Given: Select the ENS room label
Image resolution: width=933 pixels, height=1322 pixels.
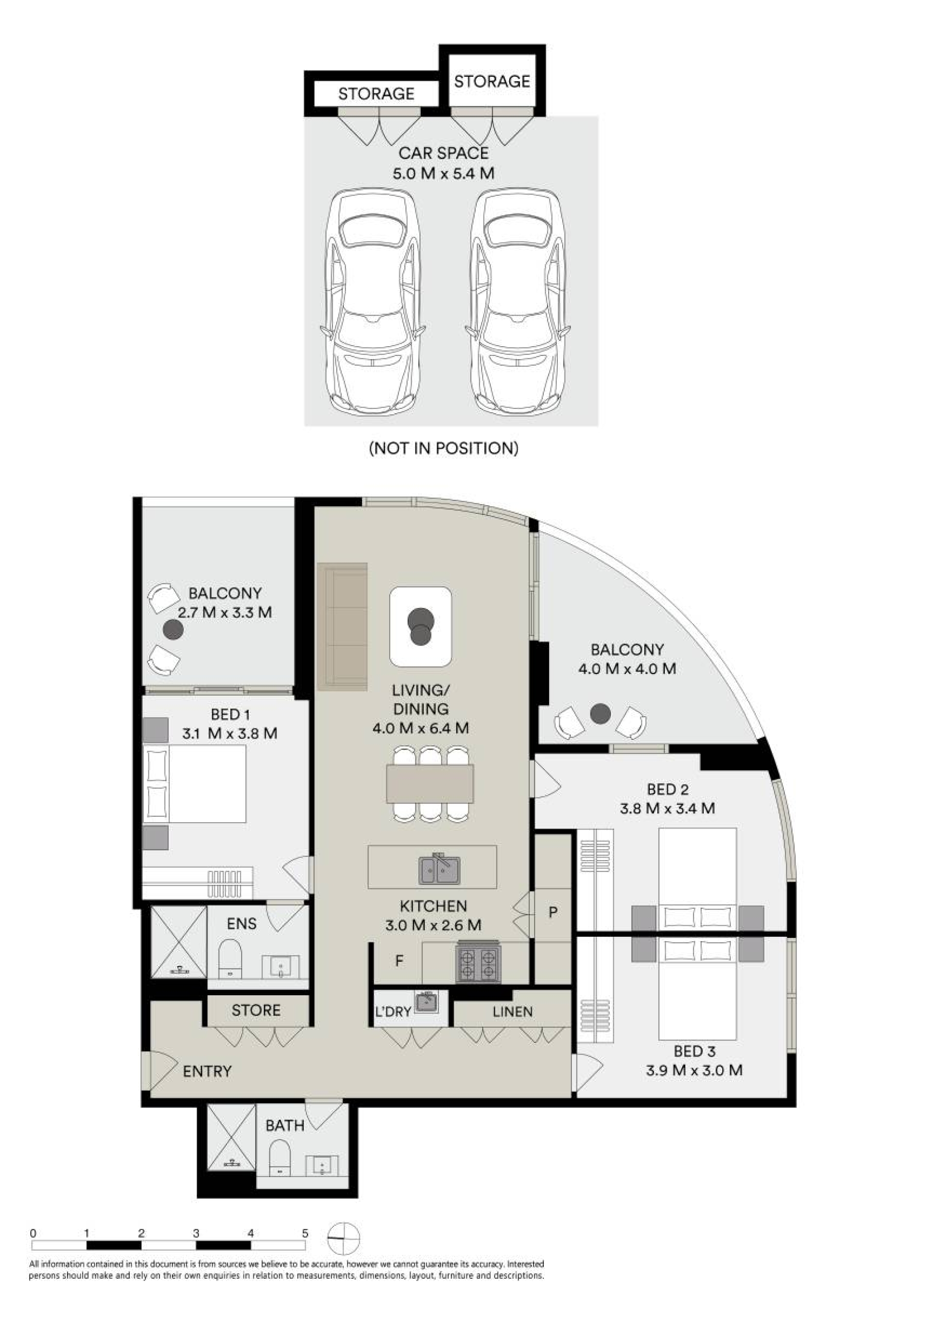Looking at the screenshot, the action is [241, 924].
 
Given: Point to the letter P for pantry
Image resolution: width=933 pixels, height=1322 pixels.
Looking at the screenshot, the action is [553, 912].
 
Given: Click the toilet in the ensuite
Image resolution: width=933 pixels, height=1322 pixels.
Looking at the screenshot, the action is [230, 959].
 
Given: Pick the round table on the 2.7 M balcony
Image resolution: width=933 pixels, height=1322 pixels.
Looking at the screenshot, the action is [173, 630].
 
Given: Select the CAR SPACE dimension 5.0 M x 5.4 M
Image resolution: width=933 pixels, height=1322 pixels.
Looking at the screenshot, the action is [443, 173].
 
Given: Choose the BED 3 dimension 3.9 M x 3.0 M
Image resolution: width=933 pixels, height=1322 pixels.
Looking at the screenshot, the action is [694, 1070].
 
